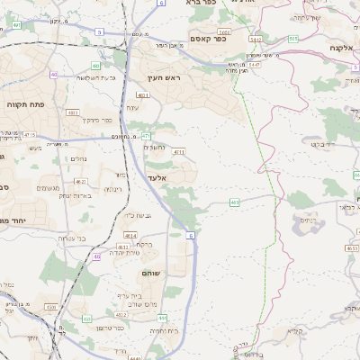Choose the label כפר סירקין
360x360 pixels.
(97, 119)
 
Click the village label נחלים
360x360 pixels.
(78, 158)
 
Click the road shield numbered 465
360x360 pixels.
(234, 202)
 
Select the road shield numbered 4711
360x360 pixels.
(179, 152)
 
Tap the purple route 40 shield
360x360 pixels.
(54, 76)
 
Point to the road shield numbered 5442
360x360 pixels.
(256, 40)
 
